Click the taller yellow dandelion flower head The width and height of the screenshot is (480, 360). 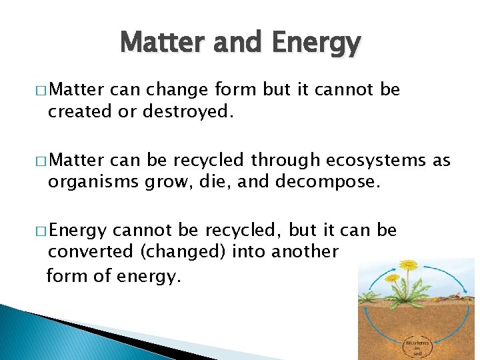pyautogui.click(x=409, y=266)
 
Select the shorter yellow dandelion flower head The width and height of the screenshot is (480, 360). pyautogui.click(x=393, y=277)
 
